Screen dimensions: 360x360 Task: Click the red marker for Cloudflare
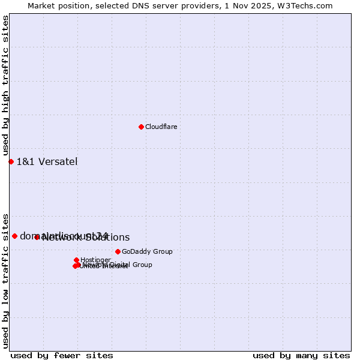click(x=141, y=127)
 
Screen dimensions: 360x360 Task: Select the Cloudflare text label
click(x=161, y=127)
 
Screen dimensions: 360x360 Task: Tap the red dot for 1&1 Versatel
click(x=11, y=161)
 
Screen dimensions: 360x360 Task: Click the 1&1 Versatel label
click(x=47, y=161)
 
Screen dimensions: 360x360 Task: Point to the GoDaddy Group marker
click(x=118, y=251)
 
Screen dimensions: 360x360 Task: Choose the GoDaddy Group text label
click(x=147, y=251)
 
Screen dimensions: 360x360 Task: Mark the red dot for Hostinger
click(x=76, y=260)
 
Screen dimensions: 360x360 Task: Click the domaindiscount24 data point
click(x=14, y=236)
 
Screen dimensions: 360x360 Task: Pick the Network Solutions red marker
click(x=37, y=237)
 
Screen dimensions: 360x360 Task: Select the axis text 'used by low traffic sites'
click(x=6, y=280)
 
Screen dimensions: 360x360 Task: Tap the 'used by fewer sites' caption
click(x=62, y=355)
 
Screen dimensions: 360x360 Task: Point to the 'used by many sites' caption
click(x=301, y=355)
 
